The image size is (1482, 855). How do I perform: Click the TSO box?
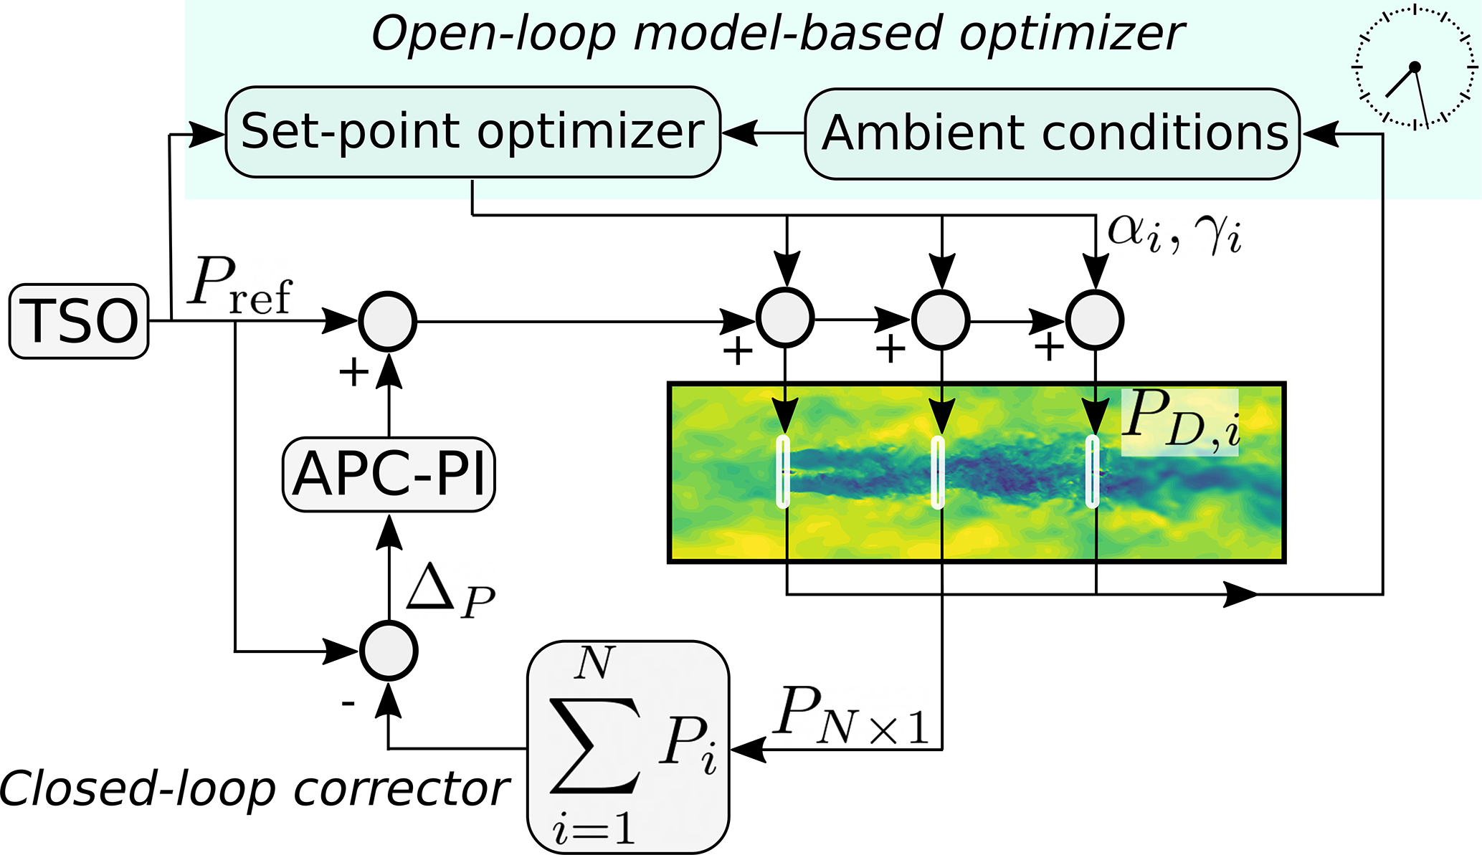point(79,321)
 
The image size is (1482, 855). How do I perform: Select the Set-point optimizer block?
point(472,132)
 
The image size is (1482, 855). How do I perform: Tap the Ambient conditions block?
point(1052,133)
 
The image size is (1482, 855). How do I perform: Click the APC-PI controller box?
point(389,474)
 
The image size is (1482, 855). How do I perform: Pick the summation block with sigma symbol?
point(628,747)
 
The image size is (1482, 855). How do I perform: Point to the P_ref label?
point(240,285)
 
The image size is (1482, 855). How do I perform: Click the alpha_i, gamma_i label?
point(1174,233)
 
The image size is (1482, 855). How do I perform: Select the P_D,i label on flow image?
point(1180,423)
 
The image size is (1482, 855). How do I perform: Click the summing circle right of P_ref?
point(387,321)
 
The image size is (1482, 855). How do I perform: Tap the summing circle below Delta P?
point(389,650)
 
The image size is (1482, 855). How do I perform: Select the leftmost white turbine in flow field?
point(783,472)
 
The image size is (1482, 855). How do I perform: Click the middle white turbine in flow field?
point(937,472)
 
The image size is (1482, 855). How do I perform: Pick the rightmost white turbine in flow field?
point(1092,472)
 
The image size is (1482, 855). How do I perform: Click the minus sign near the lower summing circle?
point(348,704)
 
